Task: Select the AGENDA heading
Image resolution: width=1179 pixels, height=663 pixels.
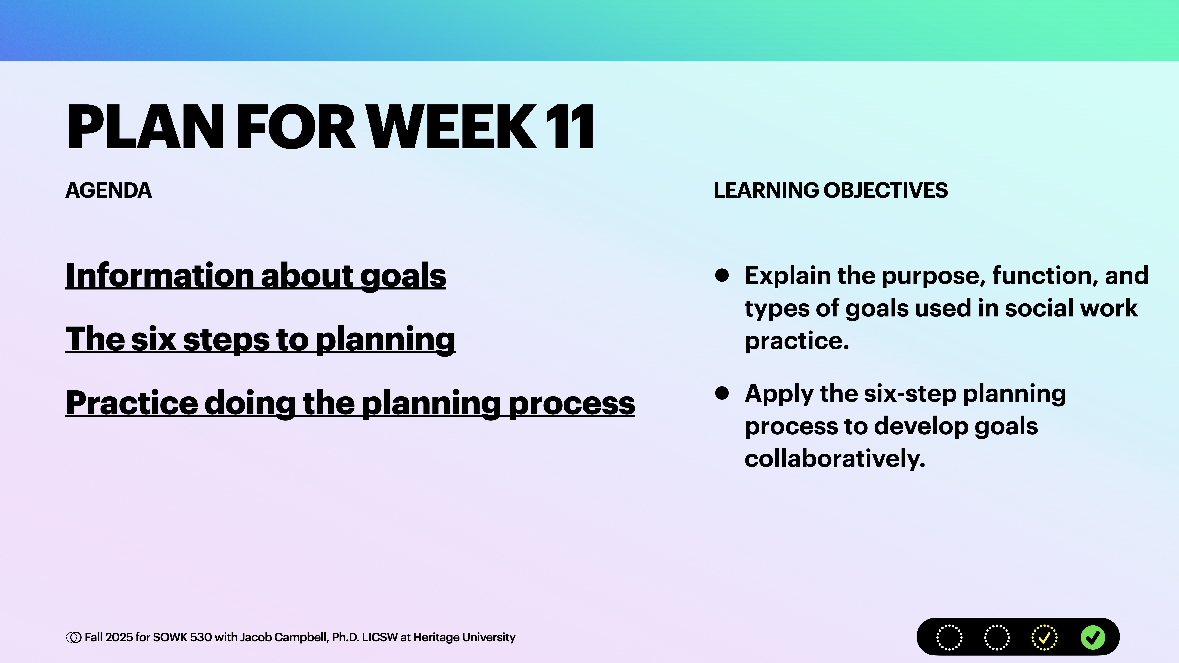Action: click(108, 190)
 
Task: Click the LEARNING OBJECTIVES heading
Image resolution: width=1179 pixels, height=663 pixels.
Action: click(830, 190)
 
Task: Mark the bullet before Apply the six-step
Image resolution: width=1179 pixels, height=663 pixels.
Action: click(722, 393)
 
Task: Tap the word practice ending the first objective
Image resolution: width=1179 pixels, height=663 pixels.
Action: click(796, 341)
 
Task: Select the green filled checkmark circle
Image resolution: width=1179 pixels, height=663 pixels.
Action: click(1093, 637)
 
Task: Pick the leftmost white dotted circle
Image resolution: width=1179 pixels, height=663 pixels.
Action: click(949, 637)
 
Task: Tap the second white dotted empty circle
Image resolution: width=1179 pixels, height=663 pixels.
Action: click(996, 637)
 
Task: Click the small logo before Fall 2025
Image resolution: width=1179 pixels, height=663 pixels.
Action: click(73, 637)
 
